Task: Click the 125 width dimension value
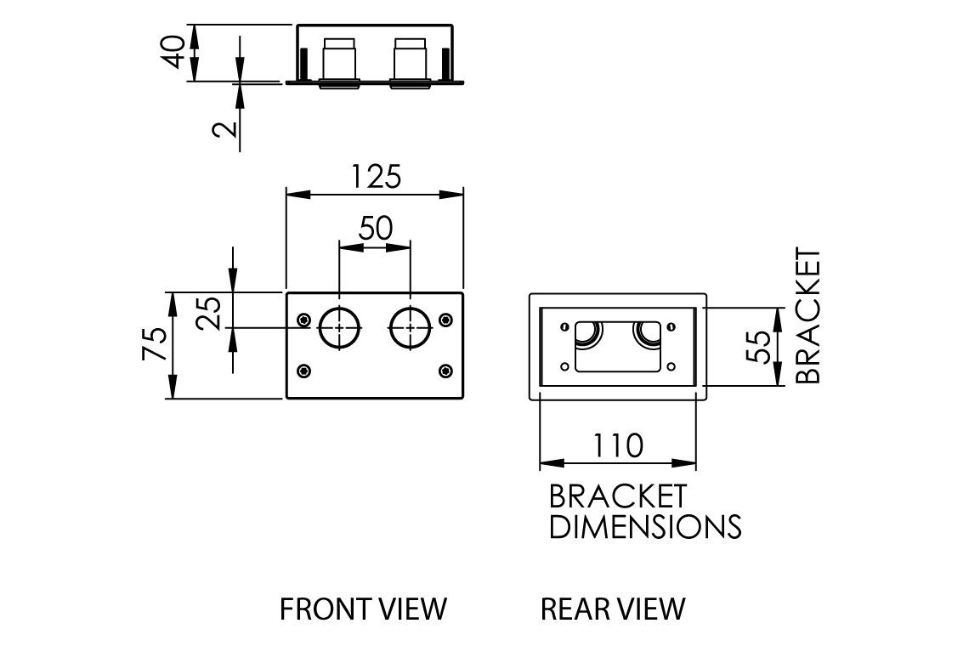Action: pos(376,177)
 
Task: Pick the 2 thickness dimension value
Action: pos(223,129)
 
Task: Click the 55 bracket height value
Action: pos(762,346)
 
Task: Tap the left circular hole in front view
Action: pos(339,327)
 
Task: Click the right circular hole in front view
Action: pos(411,327)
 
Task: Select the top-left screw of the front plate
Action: pos(303,320)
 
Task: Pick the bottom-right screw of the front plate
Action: pos(445,371)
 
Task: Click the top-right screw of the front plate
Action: pos(445,320)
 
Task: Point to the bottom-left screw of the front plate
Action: pos(303,371)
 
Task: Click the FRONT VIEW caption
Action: pos(363,609)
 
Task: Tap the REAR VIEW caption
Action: pos(612,609)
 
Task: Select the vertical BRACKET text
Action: pos(808,316)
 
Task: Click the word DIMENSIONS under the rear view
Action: pos(645,527)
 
